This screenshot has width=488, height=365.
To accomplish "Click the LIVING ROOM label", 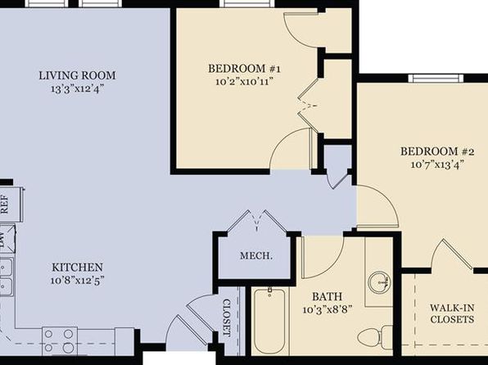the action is point(77,75).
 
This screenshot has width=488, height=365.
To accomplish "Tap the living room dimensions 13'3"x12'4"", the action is point(77,89).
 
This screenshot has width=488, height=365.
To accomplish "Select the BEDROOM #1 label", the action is point(244,69).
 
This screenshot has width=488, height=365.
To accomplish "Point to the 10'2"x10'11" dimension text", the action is point(244,82).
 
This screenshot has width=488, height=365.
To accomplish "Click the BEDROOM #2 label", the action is point(437,151).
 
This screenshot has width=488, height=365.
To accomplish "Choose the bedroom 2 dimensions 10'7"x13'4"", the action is point(437,164).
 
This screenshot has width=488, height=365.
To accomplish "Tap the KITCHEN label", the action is point(77,268).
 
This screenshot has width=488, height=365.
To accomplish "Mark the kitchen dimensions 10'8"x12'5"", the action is point(77,281).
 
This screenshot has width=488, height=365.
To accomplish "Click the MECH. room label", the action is point(256,256).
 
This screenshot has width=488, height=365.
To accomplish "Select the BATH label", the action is point(327,296).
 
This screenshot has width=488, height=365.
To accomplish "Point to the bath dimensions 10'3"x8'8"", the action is point(327,309).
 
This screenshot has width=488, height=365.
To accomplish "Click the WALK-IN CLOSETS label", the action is point(452,313).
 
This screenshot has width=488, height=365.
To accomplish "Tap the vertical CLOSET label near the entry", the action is point(227,318).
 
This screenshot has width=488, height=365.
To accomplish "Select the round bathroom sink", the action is point(379,282).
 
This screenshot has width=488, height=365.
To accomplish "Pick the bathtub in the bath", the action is point(269,320).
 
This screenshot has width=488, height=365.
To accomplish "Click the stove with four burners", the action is point(60,340).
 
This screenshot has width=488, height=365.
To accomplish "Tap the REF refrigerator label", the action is point(5,204).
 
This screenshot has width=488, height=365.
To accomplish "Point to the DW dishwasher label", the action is point(2,239).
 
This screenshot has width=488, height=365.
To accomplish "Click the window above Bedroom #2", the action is point(436,78).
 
